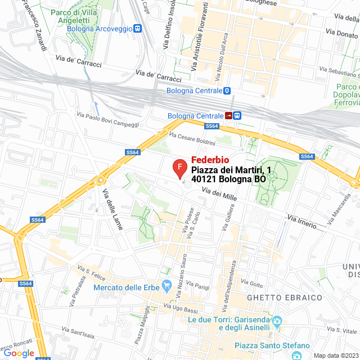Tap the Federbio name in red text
point(210,159)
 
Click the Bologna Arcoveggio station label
point(100,29)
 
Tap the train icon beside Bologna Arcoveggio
point(138,29)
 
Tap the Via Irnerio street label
point(301,220)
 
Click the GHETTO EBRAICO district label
point(284,297)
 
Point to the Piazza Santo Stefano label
point(272,345)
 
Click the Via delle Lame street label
point(108,204)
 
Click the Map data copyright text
point(336,355)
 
